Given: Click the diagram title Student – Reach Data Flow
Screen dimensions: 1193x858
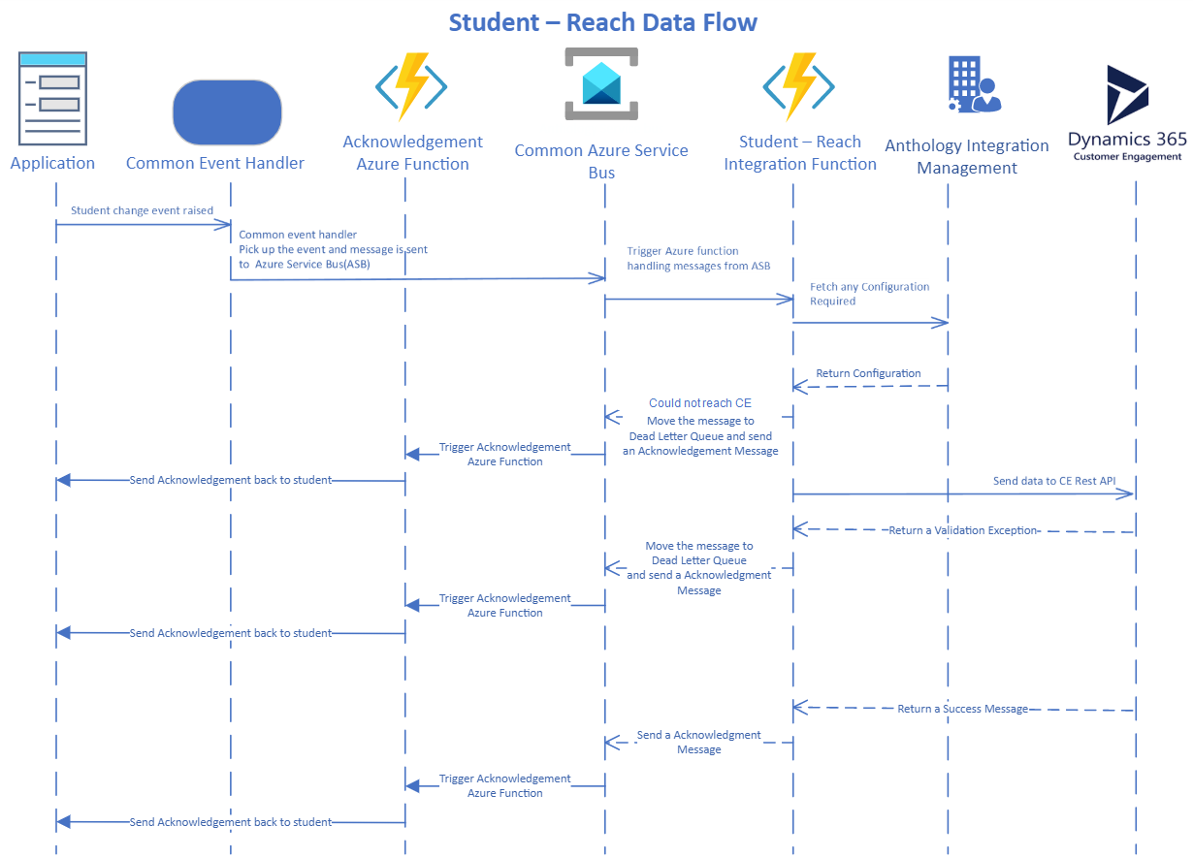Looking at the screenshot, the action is pyautogui.click(x=602, y=22).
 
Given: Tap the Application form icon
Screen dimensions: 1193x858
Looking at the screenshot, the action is pyautogui.click(x=52, y=99).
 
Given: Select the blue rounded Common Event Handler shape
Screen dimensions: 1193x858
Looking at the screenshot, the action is pyautogui.click(x=227, y=112).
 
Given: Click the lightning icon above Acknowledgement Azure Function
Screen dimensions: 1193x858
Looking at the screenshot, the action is pyautogui.click(x=411, y=86).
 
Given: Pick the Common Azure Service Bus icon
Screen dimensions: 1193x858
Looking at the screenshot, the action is pyautogui.click(x=601, y=83).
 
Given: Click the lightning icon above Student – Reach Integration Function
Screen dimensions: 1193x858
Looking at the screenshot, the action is pyautogui.click(x=798, y=86).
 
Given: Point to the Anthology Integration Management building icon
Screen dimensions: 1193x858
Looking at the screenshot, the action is pyautogui.click(x=974, y=84).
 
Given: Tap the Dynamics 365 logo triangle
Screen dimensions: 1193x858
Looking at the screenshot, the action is pyautogui.click(x=1127, y=95).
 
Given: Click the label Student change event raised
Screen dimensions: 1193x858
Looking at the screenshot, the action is pyautogui.click(x=142, y=210).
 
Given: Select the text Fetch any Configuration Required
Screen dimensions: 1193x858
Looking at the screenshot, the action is pyautogui.click(x=869, y=294).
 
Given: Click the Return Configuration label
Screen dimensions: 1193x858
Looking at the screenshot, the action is pyautogui.click(x=868, y=373).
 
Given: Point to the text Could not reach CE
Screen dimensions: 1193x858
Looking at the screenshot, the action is pyautogui.click(x=700, y=403).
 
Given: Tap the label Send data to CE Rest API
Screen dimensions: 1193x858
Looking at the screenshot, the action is pyautogui.click(x=1054, y=481).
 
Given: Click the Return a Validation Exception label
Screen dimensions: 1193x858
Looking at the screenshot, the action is pyautogui.click(x=963, y=530).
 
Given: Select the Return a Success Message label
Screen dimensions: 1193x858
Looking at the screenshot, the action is pyautogui.click(x=962, y=709).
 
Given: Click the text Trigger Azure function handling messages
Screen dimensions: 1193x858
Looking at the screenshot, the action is pyautogui.click(x=698, y=258).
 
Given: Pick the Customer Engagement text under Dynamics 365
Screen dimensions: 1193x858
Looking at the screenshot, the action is pyautogui.click(x=1127, y=156).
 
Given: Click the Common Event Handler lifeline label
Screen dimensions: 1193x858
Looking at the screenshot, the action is pyautogui.click(x=214, y=163).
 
